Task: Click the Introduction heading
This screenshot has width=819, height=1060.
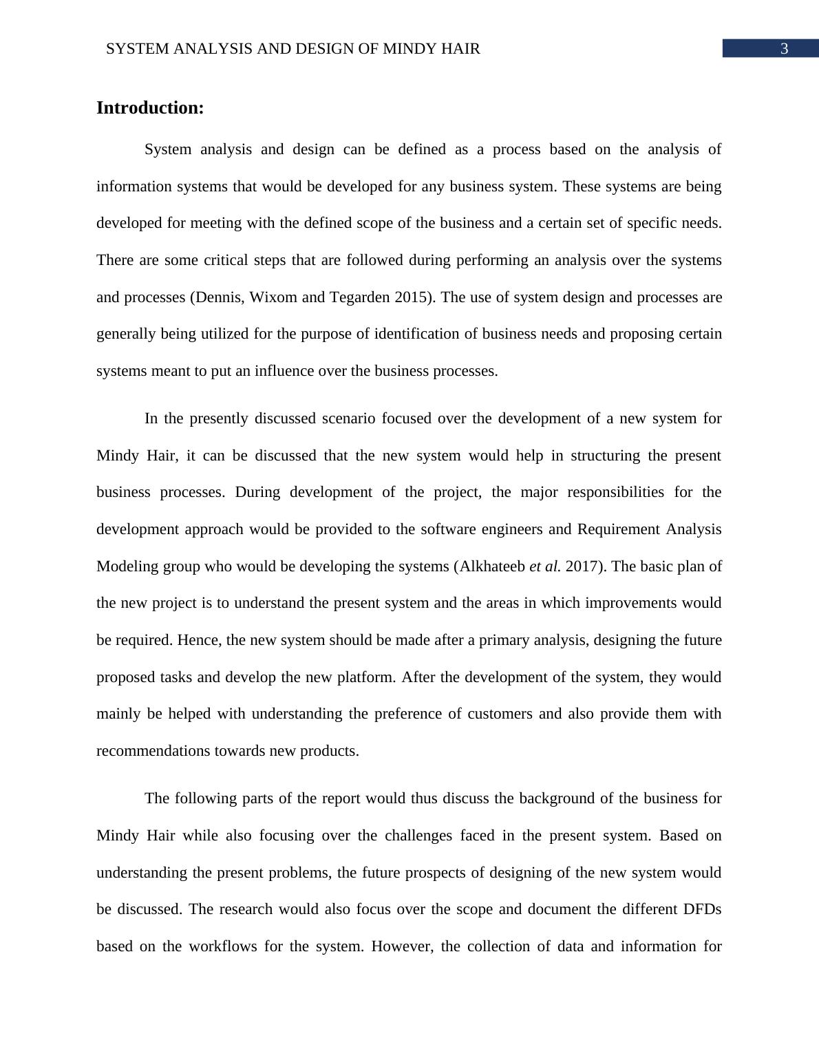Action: [150, 108]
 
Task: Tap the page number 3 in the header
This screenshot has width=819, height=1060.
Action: [784, 49]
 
